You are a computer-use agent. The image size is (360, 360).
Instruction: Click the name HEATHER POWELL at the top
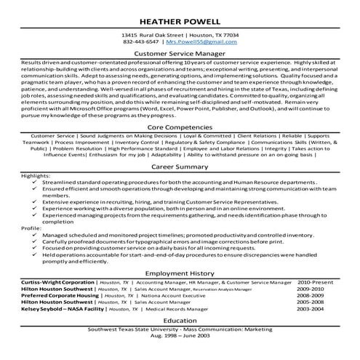180,16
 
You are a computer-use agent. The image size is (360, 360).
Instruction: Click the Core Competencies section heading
180,125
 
